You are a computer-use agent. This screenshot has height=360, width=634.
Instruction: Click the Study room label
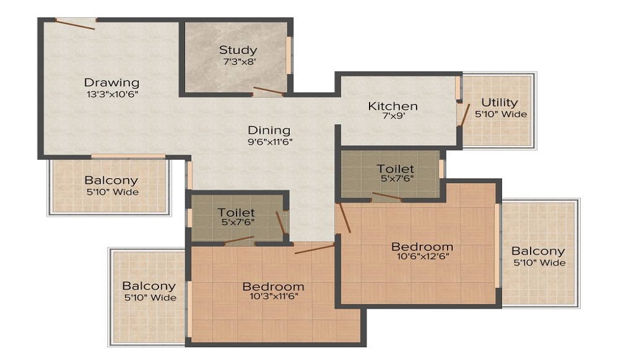pos(238,50)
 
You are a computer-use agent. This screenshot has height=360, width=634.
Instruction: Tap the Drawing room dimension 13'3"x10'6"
pos(112,94)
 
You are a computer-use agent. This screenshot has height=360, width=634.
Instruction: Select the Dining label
pos(269,131)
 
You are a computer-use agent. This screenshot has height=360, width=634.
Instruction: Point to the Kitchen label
pos(392,106)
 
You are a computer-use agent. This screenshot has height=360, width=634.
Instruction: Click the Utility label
pos(499,102)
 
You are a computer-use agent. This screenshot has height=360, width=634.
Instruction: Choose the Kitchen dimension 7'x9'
pos(392,117)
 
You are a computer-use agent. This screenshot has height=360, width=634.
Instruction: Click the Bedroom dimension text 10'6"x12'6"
pos(422,258)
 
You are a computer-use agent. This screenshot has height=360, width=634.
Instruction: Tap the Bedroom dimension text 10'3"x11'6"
pos(273,296)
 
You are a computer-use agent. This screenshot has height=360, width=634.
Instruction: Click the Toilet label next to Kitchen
pos(396,169)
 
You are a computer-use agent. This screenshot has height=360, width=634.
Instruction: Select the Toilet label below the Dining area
pos(236,212)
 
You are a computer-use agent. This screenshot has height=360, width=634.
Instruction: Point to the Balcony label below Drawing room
pos(111,181)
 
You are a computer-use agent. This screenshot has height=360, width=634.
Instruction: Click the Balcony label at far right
pos(538,251)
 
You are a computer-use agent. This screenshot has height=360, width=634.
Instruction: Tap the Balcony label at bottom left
pos(149,286)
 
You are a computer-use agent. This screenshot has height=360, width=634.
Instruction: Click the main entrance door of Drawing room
pos(75,24)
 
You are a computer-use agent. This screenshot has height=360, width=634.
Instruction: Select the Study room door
pos(268,91)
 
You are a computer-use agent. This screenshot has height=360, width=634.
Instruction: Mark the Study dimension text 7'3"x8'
pos(238,62)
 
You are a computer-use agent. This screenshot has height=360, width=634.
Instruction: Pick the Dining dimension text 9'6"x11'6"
pos(269,142)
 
